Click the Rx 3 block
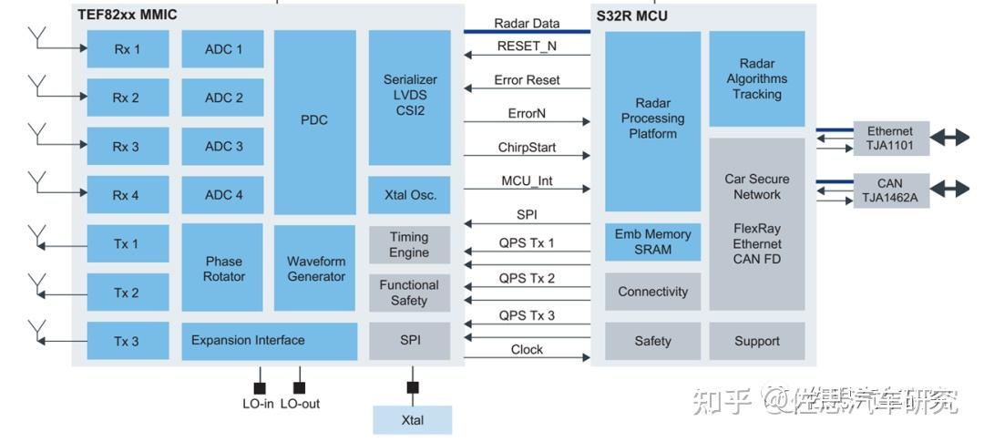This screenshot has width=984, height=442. (x=127, y=146)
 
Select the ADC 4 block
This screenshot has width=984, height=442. (x=223, y=195)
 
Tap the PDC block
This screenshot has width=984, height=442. (x=314, y=120)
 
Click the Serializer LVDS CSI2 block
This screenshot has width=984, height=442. (x=409, y=97)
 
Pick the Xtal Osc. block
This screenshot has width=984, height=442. (x=409, y=195)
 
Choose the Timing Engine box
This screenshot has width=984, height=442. (x=409, y=245)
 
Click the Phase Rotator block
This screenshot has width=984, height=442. (x=223, y=269)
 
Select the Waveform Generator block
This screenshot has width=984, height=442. (x=315, y=269)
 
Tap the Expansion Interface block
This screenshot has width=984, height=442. (x=269, y=341)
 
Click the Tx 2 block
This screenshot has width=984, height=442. (x=127, y=293)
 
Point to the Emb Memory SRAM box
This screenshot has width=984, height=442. (x=652, y=242)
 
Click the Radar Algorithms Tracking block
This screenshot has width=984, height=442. (x=756, y=79)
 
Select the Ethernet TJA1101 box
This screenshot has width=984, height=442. (x=889, y=139)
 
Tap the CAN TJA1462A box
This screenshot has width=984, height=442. (x=889, y=190)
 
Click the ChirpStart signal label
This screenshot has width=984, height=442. (x=527, y=147)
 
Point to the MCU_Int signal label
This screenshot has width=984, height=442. (x=527, y=181)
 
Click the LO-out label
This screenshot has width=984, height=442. (x=300, y=404)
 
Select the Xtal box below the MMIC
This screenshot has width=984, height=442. (x=412, y=420)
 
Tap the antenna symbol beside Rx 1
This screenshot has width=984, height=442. (x=38, y=39)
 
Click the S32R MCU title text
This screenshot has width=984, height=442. (x=632, y=15)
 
